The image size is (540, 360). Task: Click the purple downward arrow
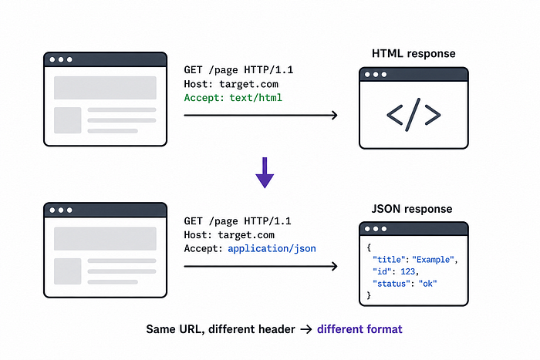pos(265,173)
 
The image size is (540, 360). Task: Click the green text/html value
pos(256,98)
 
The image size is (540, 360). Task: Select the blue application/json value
pos(272,249)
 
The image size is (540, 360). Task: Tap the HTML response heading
pos(413,54)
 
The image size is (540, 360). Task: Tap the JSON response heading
pos(412,209)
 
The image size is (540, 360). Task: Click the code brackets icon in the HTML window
pos(413,115)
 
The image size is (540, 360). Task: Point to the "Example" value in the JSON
pos(434,260)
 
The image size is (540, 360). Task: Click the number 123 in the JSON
pos(408,271)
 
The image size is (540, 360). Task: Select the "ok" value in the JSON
pos(427,284)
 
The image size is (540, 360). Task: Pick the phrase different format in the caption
pos(359,329)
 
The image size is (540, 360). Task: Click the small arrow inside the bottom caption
pos(305,330)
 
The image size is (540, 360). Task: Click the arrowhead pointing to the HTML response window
pos(334,116)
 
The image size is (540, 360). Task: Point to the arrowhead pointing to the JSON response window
pos(334,266)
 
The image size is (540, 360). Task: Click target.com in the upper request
pos(248,84)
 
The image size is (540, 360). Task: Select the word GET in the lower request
pos(193,221)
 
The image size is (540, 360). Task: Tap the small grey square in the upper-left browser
pos(68,120)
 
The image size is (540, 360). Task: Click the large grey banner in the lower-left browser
pos(105,238)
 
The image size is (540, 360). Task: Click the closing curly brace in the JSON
pos(369,295)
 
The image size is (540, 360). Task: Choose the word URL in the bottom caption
pos(190,329)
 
